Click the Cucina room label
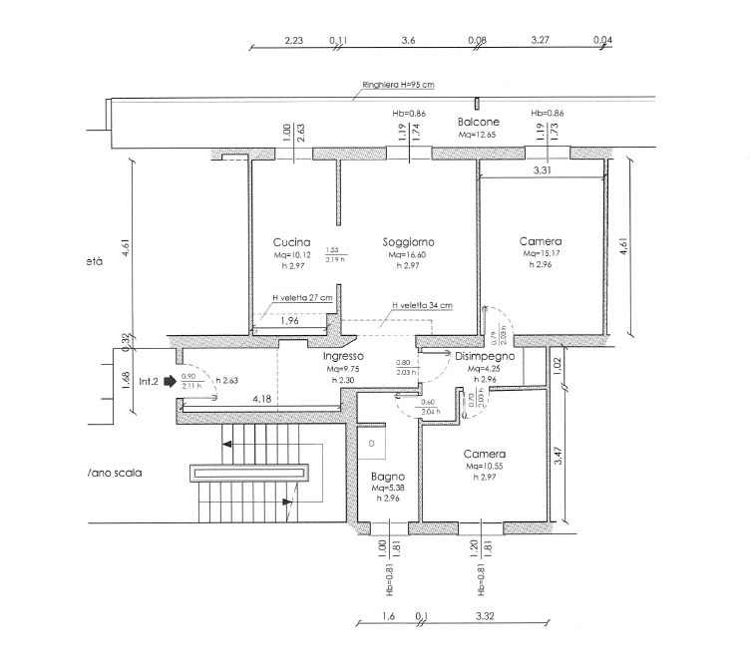292,242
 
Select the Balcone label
479,121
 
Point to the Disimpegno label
484,356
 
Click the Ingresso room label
341,356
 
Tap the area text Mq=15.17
540,254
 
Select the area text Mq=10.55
484,466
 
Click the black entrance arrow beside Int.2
172,380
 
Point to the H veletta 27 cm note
302,297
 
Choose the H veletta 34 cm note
422,305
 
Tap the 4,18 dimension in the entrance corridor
261,400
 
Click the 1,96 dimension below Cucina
288,321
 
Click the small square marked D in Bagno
371,441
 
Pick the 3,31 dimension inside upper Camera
542,171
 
